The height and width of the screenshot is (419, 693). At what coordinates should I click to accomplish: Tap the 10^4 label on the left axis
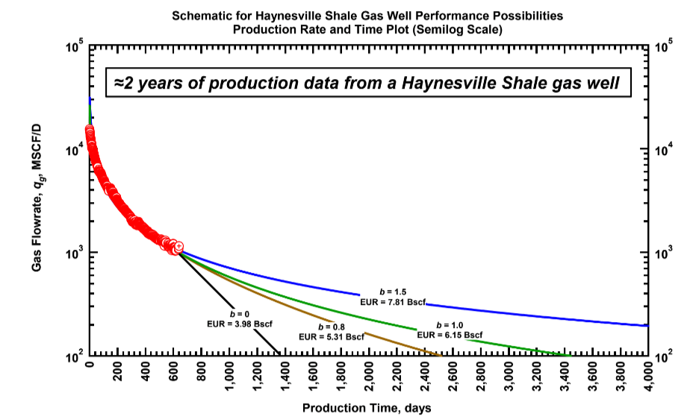[x=72, y=150]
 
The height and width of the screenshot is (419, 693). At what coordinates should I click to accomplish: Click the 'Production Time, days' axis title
[x=366, y=408]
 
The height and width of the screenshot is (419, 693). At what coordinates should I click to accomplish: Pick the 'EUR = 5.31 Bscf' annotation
[x=332, y=336]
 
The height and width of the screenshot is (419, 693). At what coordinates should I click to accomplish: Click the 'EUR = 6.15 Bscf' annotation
[x=450, y=335]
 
